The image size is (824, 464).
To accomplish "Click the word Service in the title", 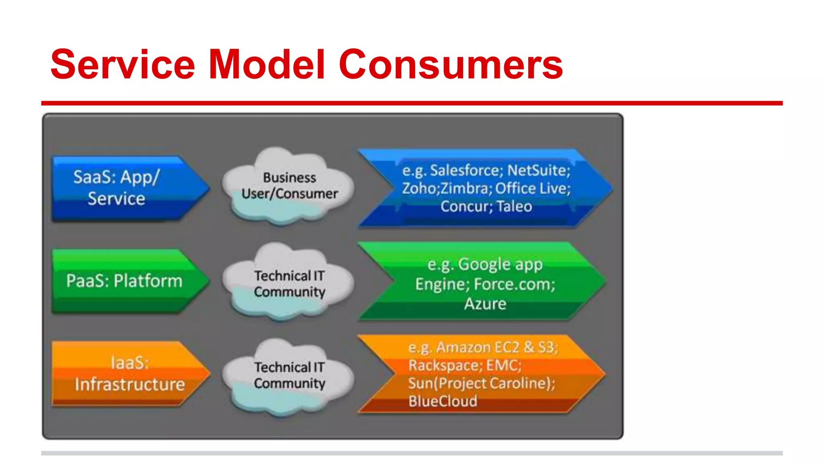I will [123, 64].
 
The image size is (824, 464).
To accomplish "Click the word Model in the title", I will [267, 64].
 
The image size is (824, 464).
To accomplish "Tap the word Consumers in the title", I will [451, 64].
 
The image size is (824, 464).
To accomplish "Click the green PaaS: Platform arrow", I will [125, 281].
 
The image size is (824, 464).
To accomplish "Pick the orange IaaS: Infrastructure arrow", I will [129, 373].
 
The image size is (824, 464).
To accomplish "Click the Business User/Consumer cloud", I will [289, 186].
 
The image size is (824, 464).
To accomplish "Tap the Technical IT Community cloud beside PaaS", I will [289, 283].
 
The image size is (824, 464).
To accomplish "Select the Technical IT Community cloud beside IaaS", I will [289, 375].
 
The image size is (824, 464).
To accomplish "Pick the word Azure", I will [485, 304].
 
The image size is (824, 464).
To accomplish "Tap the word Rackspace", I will [443, 365].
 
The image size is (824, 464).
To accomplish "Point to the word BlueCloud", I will [443, 401].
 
